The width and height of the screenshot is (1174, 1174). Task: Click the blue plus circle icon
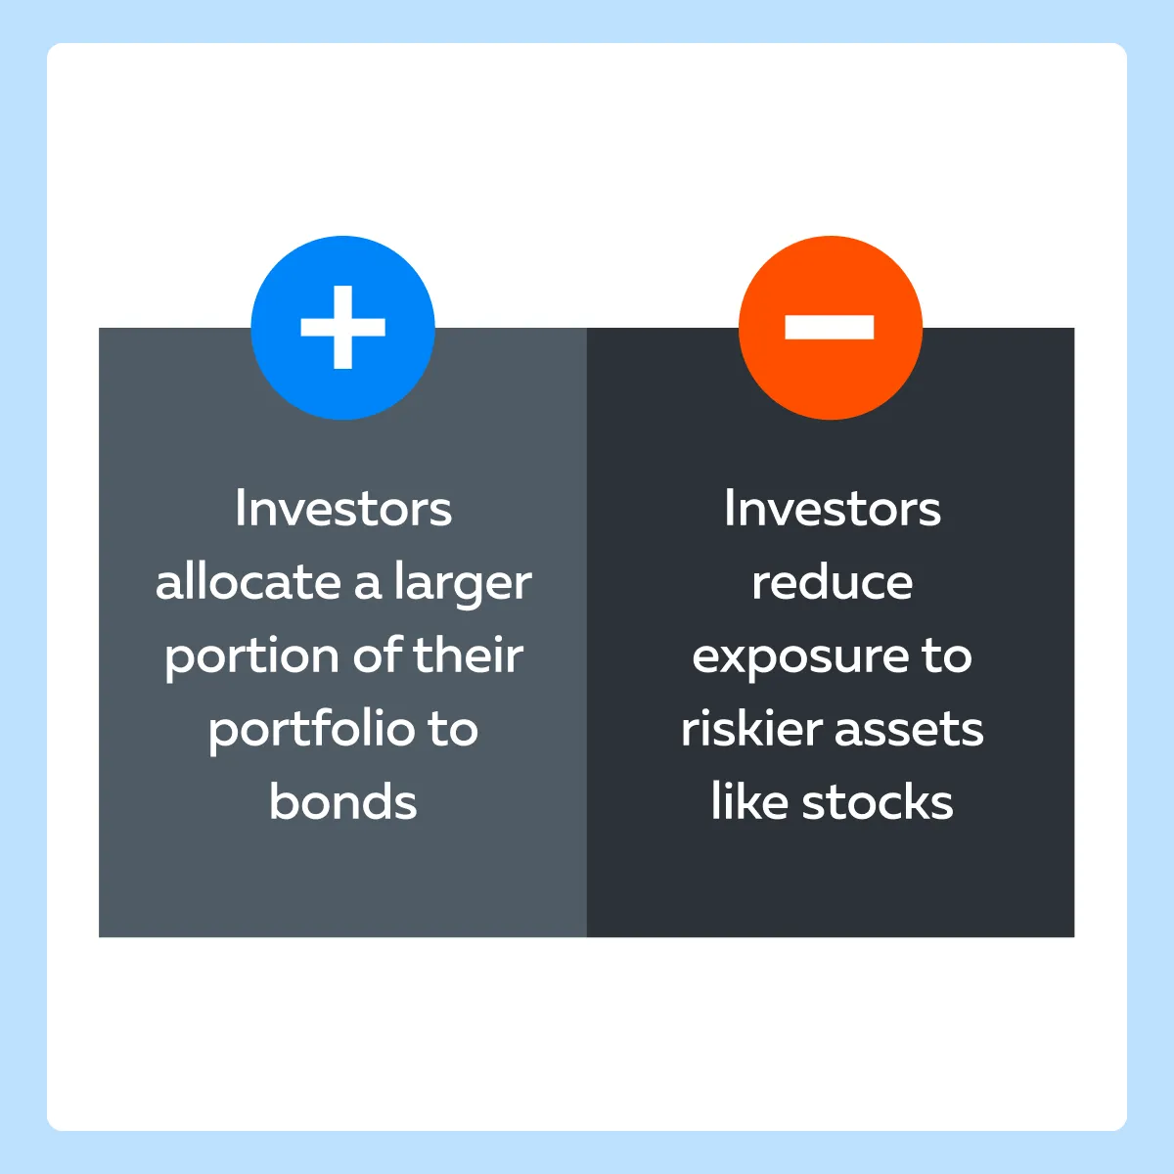pyautogui.click(x=342, y=327)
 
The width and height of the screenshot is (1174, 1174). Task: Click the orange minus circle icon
pyautogui.click(x=831, y=327)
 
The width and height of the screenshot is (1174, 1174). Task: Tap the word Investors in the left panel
pyautogui.click(x=343, y=508)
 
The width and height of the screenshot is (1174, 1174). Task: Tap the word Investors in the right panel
pyautogui.click(x=833, y=508)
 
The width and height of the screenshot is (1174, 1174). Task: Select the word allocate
pyautogui.click(x=248, y=581)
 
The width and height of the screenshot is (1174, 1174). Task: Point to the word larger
pyautogui.click(x=463, y=585)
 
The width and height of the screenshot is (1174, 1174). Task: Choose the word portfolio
pyautogui.click(x=312, y=731)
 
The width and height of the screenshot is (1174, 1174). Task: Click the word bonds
pyautogui.click(x=343, y=800)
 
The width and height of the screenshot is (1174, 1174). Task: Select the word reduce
pyautogui.click(x=833, y=581)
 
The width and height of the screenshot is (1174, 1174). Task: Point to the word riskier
pyautogui.click(x=751, y=728)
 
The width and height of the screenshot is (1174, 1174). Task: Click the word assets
pyautogui.click(x=909, y=731)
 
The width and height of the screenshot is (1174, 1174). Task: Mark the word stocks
pyautogui.click(x=878, y=800)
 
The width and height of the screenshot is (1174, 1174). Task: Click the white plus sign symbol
pyautogui.click(x=343, y=327)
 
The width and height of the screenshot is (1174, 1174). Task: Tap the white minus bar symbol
pyautogui.click(x=830, y=327)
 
